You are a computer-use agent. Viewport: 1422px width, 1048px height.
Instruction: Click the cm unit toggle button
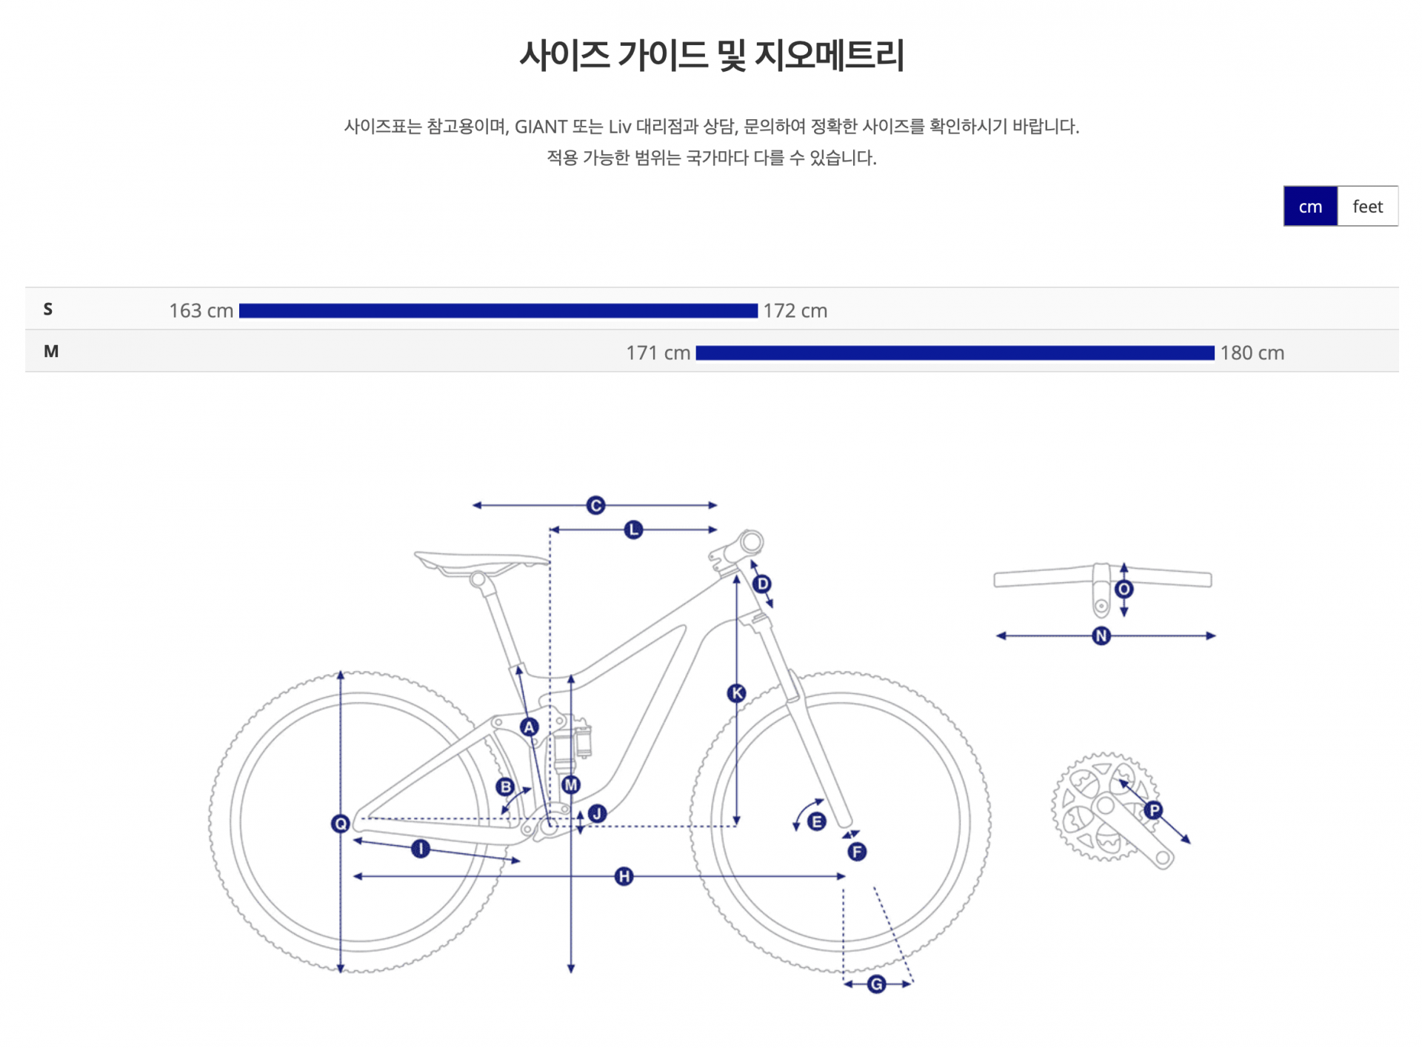coord(1309,207)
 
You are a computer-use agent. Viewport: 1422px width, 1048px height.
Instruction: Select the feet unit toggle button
coord(1367,207)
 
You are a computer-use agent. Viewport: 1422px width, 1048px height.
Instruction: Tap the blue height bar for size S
coord(498,311)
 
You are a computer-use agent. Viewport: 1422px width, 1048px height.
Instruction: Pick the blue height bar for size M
coord(955,353)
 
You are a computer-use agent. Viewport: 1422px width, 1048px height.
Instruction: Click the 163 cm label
coord(201,311)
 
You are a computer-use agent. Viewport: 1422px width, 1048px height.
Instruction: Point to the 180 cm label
coord(1252,353)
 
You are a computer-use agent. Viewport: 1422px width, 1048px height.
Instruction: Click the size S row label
coord(48,310)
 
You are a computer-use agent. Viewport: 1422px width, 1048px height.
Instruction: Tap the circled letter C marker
coord(595,506)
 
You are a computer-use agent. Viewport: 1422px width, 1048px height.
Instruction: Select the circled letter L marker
coord(633,530)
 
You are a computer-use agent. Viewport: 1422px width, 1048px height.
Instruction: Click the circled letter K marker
coord(736,693)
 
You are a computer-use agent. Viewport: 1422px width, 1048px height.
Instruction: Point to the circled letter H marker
coord(624,877)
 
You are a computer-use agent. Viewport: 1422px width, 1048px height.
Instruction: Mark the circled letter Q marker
coord(341,824)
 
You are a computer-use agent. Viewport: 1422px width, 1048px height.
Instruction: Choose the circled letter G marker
coord(877,984)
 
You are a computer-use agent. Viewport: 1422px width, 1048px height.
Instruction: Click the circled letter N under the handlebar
coord(1101,636)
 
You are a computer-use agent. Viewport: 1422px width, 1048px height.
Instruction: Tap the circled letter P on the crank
coord(1153,810)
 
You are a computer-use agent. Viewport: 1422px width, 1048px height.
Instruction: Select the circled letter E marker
coord(816,821)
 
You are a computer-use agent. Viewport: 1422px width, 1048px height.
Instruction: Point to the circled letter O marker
coord(1124,590)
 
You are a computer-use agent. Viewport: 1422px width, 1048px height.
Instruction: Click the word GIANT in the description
coord(541,127)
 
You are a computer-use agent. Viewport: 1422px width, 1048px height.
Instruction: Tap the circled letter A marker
coord(529,727)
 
